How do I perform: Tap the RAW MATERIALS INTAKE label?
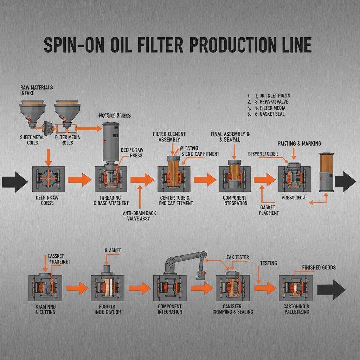(x=36, y=90)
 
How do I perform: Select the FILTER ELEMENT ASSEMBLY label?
(x=169, y=137)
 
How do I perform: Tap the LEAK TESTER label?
(x=236, y=258)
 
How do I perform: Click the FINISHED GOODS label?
(x=319, y=268)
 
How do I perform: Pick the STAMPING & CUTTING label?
(x=45, y=309)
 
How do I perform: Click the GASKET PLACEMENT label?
(x=269, y=210)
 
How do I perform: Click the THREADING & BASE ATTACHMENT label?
(x=111, y=200)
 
